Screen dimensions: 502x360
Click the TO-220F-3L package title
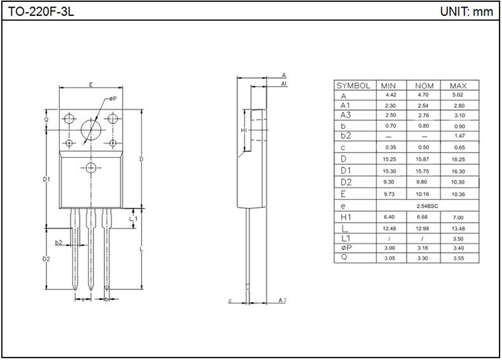coord(41,11)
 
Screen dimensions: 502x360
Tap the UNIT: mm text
coord(466,11)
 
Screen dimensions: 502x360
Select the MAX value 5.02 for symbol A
coord(458,95)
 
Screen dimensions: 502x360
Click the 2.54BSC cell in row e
coord(427,206)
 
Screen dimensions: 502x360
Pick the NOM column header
coord(424,86)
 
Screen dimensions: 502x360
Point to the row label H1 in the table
coord(346,218)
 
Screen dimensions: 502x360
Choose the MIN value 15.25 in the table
coord(390,159)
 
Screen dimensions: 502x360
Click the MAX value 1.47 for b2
coord(459,136)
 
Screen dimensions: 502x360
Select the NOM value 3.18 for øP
coord(423,248)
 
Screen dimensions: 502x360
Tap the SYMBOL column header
coord(353,86)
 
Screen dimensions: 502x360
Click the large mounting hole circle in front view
coord(91,130)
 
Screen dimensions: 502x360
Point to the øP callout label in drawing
coord(112,99)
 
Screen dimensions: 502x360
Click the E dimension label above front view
coord(92,85)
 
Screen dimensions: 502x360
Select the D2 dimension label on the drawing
coord(46,259)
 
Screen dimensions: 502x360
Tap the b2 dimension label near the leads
coord(58,242)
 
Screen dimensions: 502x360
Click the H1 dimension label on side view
coord(244,130)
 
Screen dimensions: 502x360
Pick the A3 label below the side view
coord(282,300)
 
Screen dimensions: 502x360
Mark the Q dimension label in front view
coord(46,119)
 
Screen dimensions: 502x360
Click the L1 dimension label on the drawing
coord(133,219)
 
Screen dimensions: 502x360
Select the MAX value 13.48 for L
coord(458,229)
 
